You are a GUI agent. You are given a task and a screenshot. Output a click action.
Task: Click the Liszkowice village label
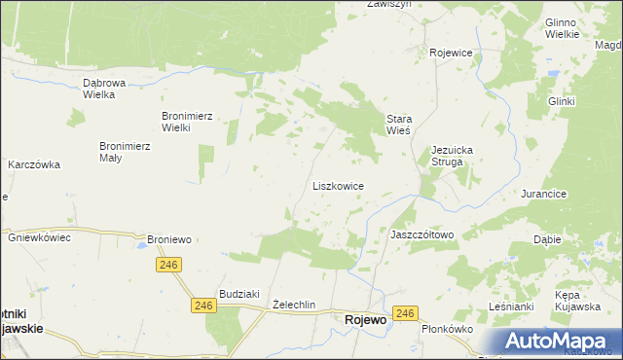coord(338,185)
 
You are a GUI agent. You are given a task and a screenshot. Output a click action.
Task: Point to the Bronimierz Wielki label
coord(188,122)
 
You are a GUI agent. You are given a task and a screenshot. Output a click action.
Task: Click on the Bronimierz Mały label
coord(124,152)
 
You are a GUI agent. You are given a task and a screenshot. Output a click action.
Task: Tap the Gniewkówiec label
coord(39,237)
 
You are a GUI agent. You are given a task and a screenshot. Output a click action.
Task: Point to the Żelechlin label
coord(294,305)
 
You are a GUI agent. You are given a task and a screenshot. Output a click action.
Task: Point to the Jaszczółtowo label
coord(421,234)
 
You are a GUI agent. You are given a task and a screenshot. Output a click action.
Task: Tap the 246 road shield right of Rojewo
coord(407,313)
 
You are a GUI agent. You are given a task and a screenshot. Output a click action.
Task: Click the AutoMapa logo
coord(559,342)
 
